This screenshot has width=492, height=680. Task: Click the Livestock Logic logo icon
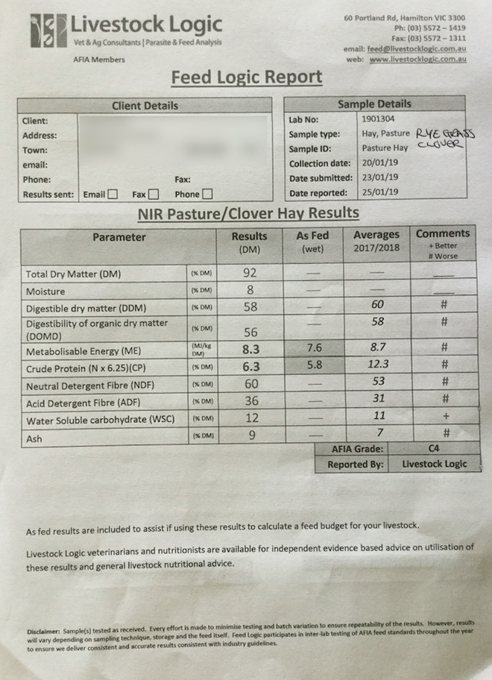point(48,31)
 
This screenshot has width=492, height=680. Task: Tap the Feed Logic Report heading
point(246,78)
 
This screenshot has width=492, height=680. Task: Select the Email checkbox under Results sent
point(113,195)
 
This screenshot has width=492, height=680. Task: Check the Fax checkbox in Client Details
point(154,195)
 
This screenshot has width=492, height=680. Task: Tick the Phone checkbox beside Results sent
point(207,195)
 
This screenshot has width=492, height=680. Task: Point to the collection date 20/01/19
point(379,163)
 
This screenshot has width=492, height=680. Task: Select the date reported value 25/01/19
point(379,192)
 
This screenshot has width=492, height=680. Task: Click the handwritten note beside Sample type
point(444,138)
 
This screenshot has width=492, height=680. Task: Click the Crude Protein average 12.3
point(379,365)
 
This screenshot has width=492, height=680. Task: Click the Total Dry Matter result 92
point(250,273)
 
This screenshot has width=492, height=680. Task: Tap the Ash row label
point(34,439)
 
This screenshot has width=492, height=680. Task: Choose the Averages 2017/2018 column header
point(376,241)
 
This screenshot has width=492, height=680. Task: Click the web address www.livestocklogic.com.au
point(417,59)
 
